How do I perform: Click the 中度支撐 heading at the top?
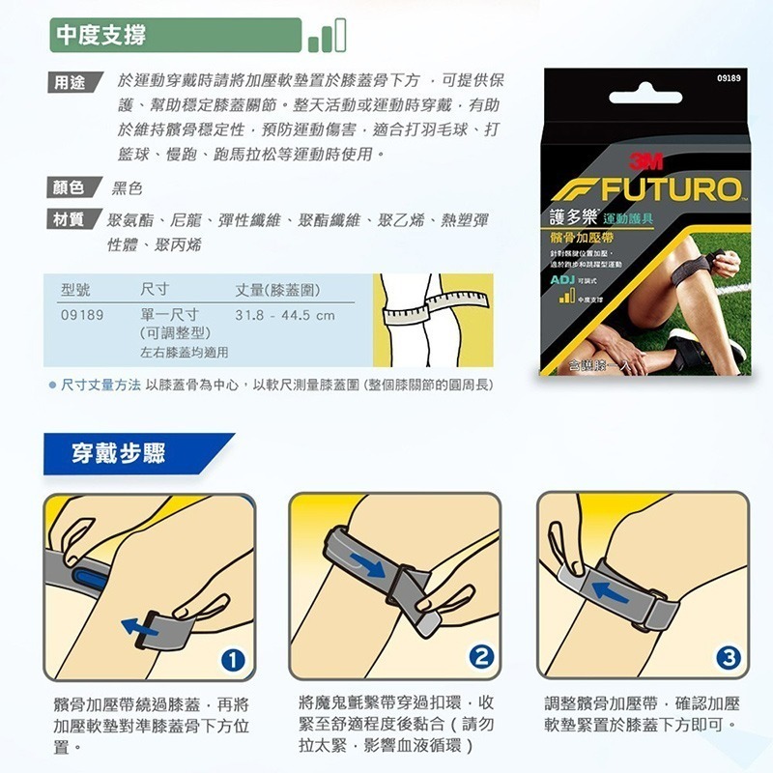pyautogui.click(x=101, y=37)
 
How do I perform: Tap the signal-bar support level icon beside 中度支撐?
pyautogui.click(x=327, y=38)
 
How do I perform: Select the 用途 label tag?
pyautogui.click(x=70, y=82)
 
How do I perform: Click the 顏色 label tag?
pyautogui.click(x=70, y=186)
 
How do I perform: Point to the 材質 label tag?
pyautogui.click(x=70, y=219)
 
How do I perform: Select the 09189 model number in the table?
pyautogui.click(x=82, y=315)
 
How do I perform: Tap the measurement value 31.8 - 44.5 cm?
pyautogui.click(x=285, y=315)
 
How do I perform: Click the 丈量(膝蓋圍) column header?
pyautogui.click(x=278, y=289)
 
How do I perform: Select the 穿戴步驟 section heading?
pyautogui.click(x=119, y=453)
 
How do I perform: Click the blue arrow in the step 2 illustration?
pyautogui.click(x=365, y=564)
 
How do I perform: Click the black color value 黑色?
pyautogui.click(x=128, y=187)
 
